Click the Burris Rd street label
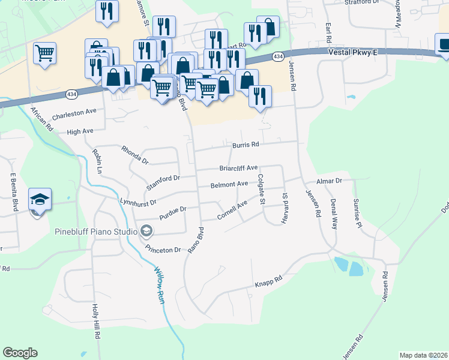[x=246, y=145]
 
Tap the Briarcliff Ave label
[x=238, y=168]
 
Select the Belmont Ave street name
[x=229, y=184]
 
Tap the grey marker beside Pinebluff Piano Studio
[x=146, y=231]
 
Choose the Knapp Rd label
[x=268, y=280]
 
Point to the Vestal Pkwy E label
[x=352, y=53]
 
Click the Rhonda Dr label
[x=134, y=155]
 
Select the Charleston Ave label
[x=74, y=113]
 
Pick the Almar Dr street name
[x=329, y=180]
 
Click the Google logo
[x=20, y=353]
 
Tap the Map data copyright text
[x=423, y=355]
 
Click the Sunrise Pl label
[x=357, y=213]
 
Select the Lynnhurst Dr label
[x=138, y=203]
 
